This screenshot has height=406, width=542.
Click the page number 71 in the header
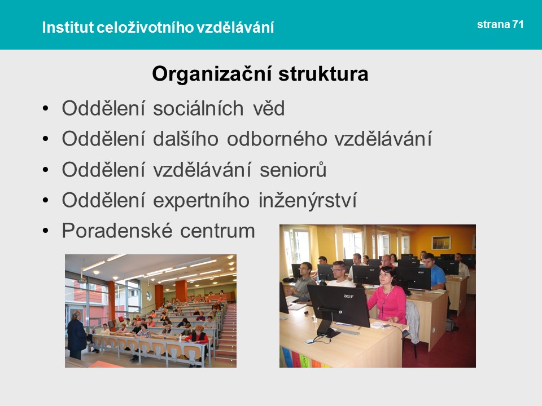[518, 24]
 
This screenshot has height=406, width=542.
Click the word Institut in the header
[68, 27]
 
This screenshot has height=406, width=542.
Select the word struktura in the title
[323, 74]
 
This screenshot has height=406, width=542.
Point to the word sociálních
[198, 108]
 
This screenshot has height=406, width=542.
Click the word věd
[269, 108]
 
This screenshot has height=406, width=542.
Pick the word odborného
[277, 139]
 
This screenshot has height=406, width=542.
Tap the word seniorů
[293, 170]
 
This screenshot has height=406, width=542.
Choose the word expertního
[201, 201]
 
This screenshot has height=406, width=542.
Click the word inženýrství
[308, 201]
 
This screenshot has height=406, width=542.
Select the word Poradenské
[117, 231]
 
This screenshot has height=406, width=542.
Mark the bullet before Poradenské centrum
[46, 231]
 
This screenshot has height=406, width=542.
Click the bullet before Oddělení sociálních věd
[46, 109]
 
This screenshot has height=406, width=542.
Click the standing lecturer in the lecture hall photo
[76, 335]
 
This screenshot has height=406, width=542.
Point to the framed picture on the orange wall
[441, 242]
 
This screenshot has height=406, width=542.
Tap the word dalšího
[186, 139]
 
